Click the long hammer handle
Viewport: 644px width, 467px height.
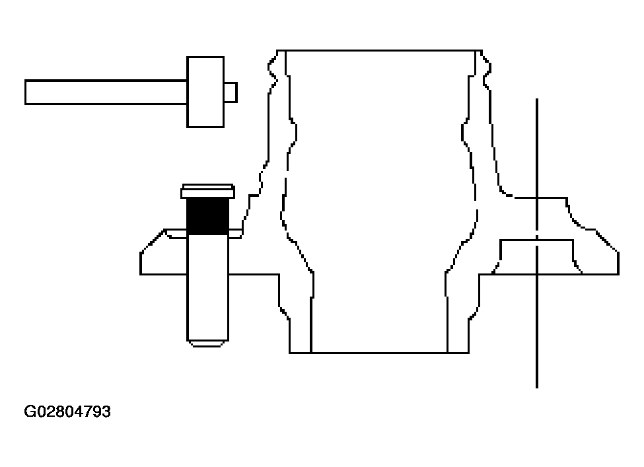(x=106, y=92)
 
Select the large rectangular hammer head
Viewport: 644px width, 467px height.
(x=205, y=92)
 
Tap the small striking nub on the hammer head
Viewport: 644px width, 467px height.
(x=231, y=92)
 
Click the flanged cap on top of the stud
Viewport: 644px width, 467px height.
(x=208, y=192)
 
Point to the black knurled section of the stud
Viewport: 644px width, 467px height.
(x=208, y=217)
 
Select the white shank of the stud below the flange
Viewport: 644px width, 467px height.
(x=208, y=287)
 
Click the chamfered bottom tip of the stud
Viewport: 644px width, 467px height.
(x=208, y=343)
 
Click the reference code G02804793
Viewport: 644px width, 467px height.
(x=67, y=412)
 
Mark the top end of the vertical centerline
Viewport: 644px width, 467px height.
(x=537, y=98)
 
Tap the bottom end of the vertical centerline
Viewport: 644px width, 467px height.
(x=537, y=388)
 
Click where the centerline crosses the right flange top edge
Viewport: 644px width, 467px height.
(x=537, y=198)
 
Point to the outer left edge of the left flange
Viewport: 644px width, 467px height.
(x=141, y=264)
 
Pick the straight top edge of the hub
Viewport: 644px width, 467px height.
(x=380, y=50)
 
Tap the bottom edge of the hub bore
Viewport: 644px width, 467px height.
(x=379, y=353)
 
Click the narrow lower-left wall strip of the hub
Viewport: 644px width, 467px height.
(x=301, y=324)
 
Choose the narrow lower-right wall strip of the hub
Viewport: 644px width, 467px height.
(x=458, y=324)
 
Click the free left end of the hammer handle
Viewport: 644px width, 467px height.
(x=26, y=92)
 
